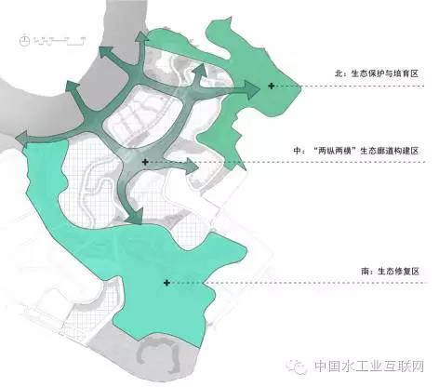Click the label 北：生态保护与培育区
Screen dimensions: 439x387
pyautogui.click(x=377, y=73)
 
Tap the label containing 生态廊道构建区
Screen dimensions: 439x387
pyautogui.click(x=356, y=151)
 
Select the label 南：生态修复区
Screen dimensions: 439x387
pyautogui.click(x=391, y=272)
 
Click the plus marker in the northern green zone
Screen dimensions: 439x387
pyautogui.click(x=272, y=86)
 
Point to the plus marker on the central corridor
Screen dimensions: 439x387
pyautogui.click(x=145, y=162)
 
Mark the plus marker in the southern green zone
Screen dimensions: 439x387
pyautogui.click(x=166, y=283)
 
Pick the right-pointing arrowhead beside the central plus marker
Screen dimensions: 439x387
pyautogui.click(x=193, y=167)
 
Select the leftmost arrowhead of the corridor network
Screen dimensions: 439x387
pyautogui.click(x=21, y=139)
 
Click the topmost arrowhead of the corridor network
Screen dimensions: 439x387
pyautogui.click(x=141, y=36)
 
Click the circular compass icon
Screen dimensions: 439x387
pyautogui.click(x=24, y=41)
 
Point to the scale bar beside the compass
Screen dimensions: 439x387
pyautogui.click(x=60, y=41)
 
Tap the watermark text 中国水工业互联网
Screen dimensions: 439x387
pyautogui.click(x=369, y=367)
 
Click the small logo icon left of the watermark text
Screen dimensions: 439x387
pyautogui.click(x=297, y=367)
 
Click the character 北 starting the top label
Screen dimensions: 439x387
pyautogui.click(x=339, y=73)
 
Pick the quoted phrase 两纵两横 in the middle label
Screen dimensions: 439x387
pyautogui.click(x=335, y=151)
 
